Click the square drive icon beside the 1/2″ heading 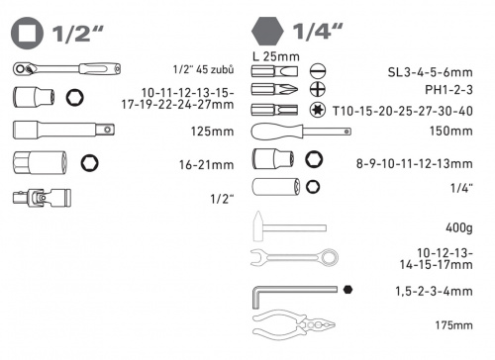click(27, 34)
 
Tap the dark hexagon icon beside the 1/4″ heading click(267, 32)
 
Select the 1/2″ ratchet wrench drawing click(67, 69)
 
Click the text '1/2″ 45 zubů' click(203, 69)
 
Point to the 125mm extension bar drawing click(63, 130)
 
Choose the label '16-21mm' click(206, 164)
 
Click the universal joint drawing click(42, 198)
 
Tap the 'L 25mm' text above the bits click(276, 56)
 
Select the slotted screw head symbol click(318, 71)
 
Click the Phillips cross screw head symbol click(318, 89)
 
